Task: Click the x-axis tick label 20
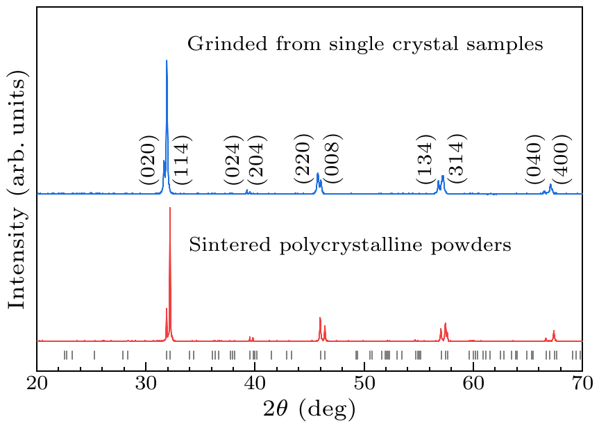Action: [37, 384]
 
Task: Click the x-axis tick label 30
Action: [146, 384]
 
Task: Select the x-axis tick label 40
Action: [255, 384]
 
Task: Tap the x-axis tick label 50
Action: [364, 384]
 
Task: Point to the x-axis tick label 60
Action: [473, 384]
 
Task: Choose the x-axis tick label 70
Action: [582, 384]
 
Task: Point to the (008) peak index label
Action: [332, 163]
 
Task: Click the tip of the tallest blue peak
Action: [167, 61]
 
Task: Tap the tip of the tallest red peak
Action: [170, 208]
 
